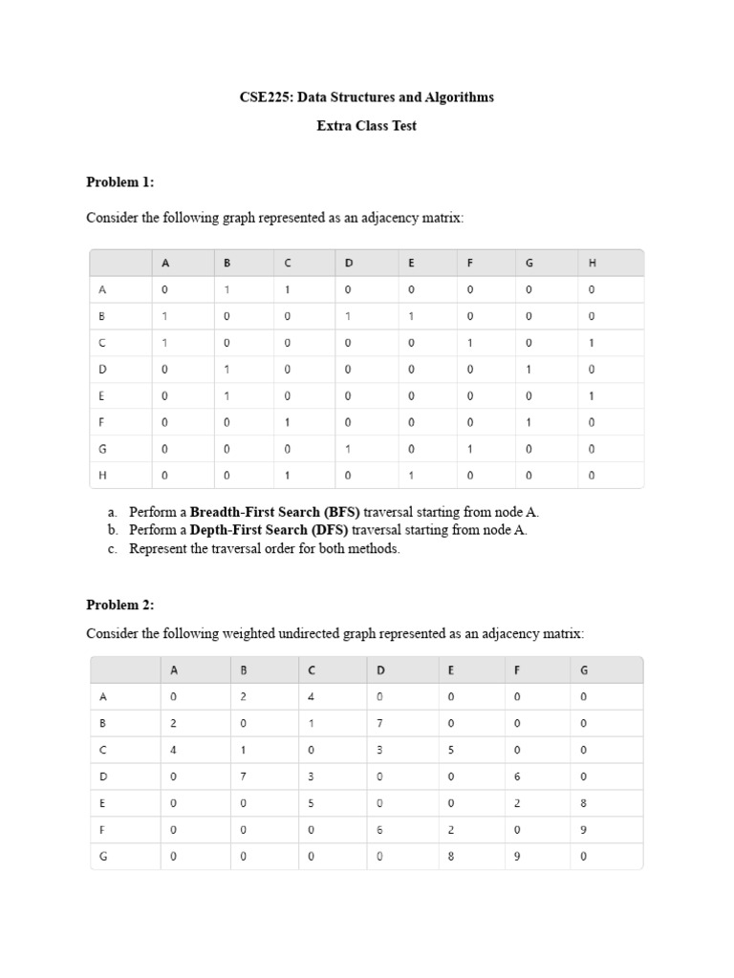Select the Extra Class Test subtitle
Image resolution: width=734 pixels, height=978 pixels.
366,126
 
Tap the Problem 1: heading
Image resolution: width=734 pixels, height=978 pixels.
119,182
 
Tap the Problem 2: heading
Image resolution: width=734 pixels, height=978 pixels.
119,605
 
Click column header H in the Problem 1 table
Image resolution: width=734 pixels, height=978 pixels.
591,263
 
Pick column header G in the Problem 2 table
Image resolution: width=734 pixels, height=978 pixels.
584,670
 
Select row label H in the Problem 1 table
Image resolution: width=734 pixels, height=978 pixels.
102,475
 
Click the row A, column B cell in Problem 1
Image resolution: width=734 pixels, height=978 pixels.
227,289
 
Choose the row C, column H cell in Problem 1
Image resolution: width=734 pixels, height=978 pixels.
591,342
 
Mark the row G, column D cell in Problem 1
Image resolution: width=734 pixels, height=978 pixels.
348,448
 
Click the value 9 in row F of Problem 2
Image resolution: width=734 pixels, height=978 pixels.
584,830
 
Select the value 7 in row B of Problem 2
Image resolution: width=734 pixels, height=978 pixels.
379,724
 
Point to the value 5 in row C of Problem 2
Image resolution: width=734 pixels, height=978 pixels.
450,751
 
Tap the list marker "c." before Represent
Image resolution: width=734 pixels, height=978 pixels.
113,548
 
